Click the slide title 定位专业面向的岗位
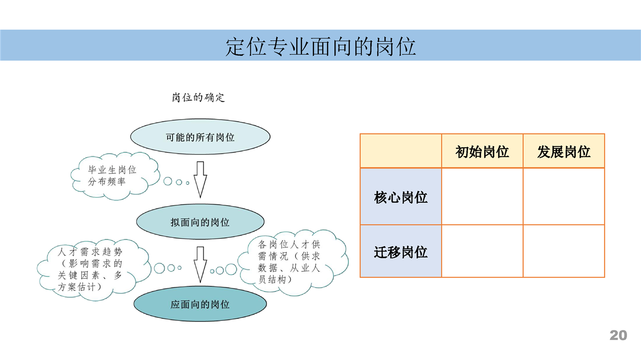pos(320,47)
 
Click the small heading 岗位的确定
pos(198,98)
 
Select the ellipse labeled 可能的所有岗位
pos(200,137)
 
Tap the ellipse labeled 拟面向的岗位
pos(200,221)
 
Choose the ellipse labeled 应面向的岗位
pos(200,304)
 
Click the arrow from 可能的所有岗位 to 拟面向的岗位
pos(200,180)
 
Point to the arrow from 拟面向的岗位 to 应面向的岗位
pos(200,265)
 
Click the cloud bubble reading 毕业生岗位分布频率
pos(115,176)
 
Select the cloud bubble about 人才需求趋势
pos(94,270)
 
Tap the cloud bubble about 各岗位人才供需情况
pos(293,262)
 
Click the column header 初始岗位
pos(482,152)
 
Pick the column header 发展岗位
pos(564,152)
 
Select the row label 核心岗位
pos(401,197)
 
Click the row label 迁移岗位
pos(401,252)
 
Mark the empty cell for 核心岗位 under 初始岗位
pos(482,196)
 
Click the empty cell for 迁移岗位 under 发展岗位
pos(564,251)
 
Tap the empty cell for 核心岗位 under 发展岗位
pos(564,196)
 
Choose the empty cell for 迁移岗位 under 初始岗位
pos(482,251)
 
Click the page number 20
pos(618,335)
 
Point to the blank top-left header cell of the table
pos(401,151)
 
